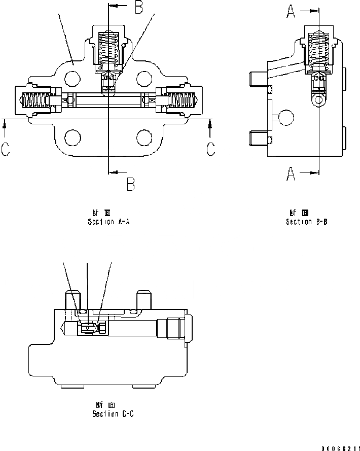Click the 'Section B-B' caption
point(306,222)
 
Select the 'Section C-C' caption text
point(113,414)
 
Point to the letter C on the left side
point(6,149)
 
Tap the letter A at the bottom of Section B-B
point(291,175)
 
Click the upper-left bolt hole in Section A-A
point(73,78)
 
